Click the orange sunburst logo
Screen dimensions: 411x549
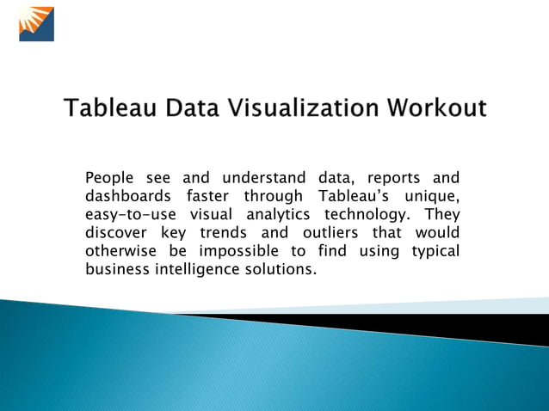coord(36,24)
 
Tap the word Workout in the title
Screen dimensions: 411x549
coord(436,109)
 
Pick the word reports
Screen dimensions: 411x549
coord(393,179)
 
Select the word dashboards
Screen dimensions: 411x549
coord(126,197)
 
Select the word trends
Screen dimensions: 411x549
coord(224,233)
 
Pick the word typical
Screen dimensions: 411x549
coord(433,251)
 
